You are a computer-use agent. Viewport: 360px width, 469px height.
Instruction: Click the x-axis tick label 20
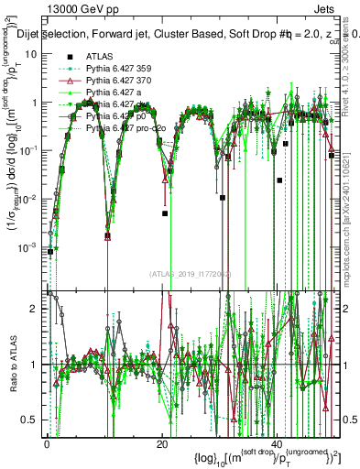(161, 443)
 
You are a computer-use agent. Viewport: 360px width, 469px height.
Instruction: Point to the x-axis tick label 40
(278, 443)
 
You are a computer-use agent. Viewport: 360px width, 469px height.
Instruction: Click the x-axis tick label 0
(46, 443)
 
